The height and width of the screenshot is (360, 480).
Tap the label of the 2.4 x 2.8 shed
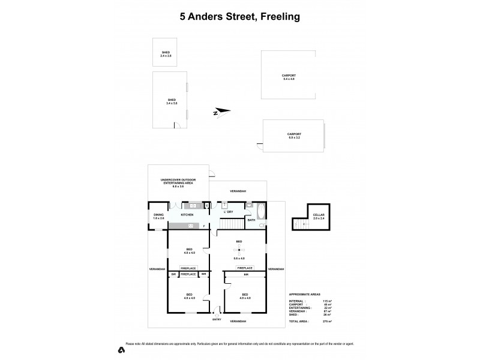tap(166, 54)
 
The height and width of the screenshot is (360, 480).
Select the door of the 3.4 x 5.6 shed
tap(177, 125)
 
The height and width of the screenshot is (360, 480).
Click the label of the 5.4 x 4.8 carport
tap(289, 77)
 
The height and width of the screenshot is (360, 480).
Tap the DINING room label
tap(158, 215)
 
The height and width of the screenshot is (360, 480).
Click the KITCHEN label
tap(187, 214)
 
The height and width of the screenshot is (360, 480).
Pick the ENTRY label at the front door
tap(217, 319)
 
